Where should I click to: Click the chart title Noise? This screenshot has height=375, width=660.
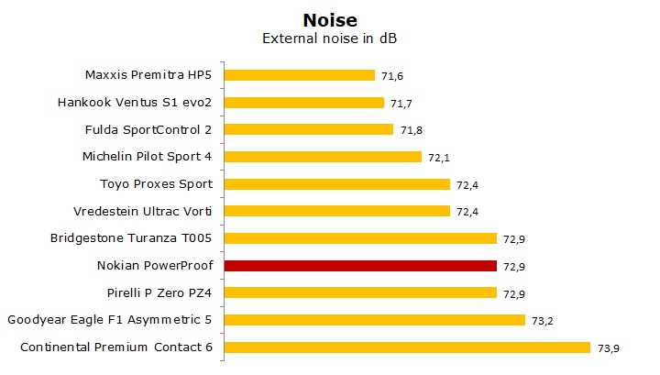(x=329, y=18)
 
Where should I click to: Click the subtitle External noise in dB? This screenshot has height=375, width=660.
(x=329, y=39)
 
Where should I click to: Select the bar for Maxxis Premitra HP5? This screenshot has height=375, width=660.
(x=299, y=75)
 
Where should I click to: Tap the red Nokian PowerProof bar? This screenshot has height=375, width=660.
(x=360, y=266)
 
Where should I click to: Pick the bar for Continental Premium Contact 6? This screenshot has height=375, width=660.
(x=406, y=347)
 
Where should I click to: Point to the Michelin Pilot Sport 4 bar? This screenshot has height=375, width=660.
(x=323, y=157)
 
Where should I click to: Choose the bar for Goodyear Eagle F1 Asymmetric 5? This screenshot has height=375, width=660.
(x=374, y=320)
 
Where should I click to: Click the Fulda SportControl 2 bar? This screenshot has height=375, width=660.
(x=308, y=129)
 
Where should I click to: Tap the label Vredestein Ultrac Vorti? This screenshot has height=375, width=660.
(x=148, y=211)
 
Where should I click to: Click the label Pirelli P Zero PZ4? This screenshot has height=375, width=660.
(x=160, y=292)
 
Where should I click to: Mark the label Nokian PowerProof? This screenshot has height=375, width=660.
(x=155, y=266)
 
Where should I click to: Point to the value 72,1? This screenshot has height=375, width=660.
(x=438, y=158)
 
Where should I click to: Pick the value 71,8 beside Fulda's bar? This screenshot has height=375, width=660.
(x=410, y=130)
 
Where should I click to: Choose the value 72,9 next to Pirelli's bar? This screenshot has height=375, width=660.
(x=513, y=293)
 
